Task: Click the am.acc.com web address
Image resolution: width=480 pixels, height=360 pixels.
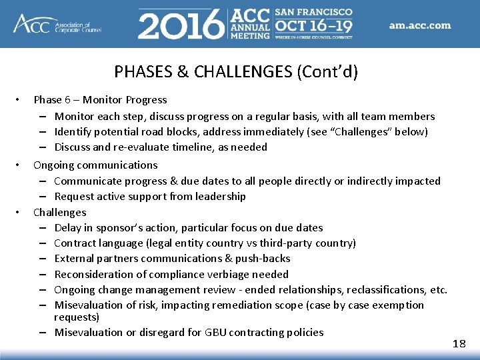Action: click(x=420, y=26)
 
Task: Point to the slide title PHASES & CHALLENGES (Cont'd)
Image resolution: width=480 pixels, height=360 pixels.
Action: click(x=235, y=71)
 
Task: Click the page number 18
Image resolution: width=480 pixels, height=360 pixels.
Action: click(x=459, y=343)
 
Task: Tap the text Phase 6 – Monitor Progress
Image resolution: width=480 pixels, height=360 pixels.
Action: click(x=100, y=100)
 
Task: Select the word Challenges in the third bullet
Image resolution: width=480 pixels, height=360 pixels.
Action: click(x=60, y=212)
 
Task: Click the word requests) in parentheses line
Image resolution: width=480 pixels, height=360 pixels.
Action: click(x=77, y=317)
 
